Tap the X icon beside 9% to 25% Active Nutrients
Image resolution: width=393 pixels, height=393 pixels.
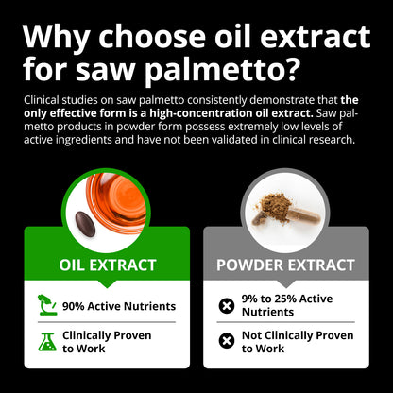point(227,305)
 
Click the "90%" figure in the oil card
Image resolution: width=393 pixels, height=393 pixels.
point(76,305)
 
